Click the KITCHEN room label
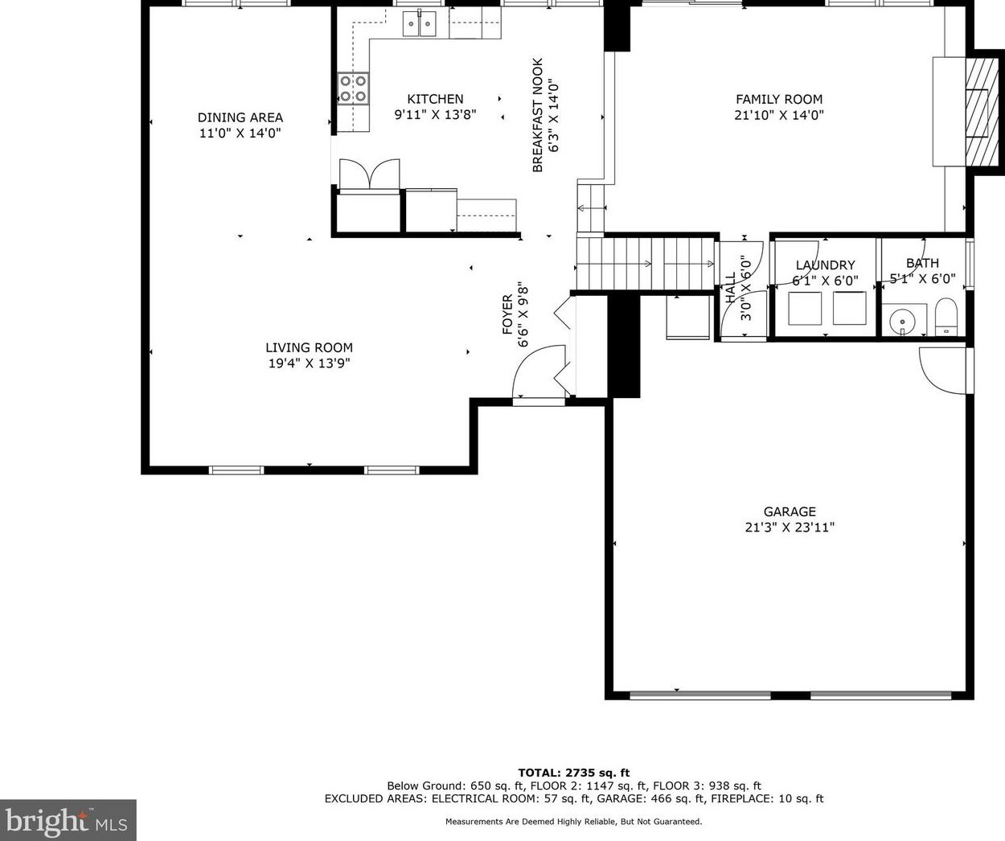(435, 99)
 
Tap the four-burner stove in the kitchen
(353, 88)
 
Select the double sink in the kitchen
(420, 23)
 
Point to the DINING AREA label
(240, 117)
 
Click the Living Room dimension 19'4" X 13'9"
(309, 363)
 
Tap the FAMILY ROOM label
(779, 100)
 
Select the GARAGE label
(790, 511)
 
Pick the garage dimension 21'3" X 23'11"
(790, 527)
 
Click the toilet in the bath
(946, 316)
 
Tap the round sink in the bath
(902, 320)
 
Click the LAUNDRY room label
(825, 265)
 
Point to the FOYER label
(507, 315)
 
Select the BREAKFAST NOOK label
(538, 115)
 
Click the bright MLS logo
(68, 820)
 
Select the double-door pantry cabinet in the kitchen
(369, 174)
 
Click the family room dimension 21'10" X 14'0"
(779, 115)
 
